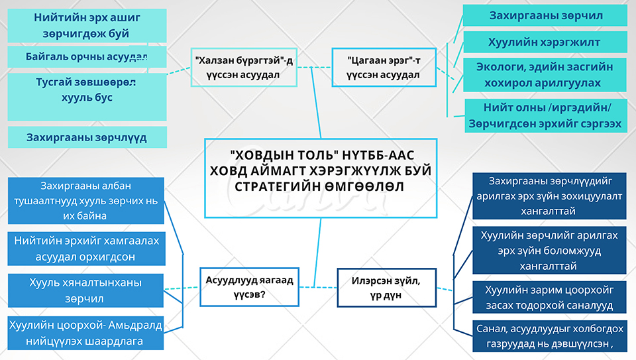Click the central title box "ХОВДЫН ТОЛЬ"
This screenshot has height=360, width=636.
tap(321, 178)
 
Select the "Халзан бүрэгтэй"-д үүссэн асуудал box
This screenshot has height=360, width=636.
tap(244, 68)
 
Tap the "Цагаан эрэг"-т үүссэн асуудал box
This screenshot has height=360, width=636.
tap(384, 68)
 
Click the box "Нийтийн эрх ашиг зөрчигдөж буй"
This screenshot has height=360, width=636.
tap(87, 25)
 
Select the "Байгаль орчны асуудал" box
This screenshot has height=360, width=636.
tap(87, 56)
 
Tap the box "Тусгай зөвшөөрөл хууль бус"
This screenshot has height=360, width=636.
tap(87, 90)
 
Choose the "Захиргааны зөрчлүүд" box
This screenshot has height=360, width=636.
tap(87, 137)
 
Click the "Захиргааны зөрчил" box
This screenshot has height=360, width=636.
tap(545, 15)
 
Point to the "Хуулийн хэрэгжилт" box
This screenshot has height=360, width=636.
tap(545, 42)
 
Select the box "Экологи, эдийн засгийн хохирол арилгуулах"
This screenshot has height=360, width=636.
tap(545, 75)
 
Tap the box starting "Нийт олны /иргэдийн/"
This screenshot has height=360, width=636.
tap(545, 116)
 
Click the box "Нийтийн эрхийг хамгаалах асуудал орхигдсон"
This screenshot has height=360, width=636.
tap(87, 249)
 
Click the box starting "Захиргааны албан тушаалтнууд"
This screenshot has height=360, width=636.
tap(87, 200)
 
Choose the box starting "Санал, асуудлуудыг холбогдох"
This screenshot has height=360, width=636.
tap(549, 336)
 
